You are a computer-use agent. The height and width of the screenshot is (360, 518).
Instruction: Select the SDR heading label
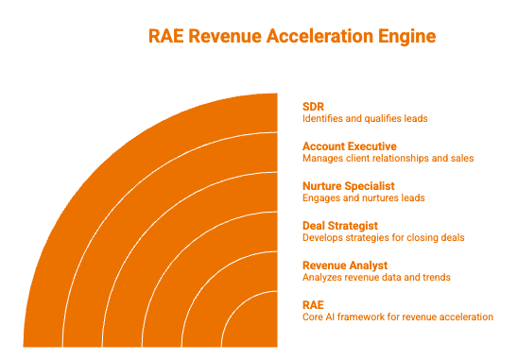click(313, 107)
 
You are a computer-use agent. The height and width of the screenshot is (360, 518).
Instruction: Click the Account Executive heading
click(350, 146)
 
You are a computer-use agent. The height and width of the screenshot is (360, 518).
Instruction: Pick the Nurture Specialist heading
click(349, 186)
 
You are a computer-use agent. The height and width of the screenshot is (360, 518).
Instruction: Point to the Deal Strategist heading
click(340, 226)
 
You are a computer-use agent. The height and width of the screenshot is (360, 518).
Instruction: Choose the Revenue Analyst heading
click(345, 266)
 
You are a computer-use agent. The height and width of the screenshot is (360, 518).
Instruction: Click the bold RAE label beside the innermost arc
click(313, 305)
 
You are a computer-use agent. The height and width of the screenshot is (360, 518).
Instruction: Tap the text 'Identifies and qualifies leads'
click(365, 118)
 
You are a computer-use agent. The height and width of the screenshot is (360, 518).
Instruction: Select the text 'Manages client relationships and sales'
click(388, 158)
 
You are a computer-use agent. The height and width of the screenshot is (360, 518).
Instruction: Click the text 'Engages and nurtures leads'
click(364, 197)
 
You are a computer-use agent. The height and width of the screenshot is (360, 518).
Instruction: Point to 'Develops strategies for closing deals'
click(384, 237)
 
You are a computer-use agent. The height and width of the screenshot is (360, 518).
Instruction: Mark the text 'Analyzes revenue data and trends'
click(376, 277)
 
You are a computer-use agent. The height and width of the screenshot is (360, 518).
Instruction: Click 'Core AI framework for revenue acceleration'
click(398, 317)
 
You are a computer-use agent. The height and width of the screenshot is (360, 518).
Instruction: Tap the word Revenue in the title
click(225, 36)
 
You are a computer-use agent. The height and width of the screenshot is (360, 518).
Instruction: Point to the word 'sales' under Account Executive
click(462, 158)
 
